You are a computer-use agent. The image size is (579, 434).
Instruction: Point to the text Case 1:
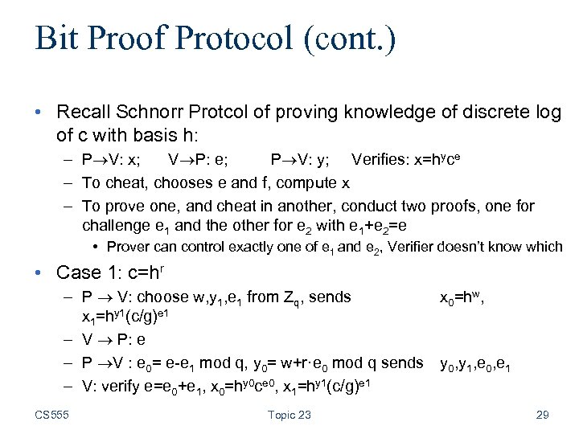80,272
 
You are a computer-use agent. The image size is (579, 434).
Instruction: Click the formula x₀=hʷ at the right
461,297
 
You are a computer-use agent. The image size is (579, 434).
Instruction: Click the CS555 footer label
53,415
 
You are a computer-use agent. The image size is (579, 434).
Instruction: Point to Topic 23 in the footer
289,415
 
